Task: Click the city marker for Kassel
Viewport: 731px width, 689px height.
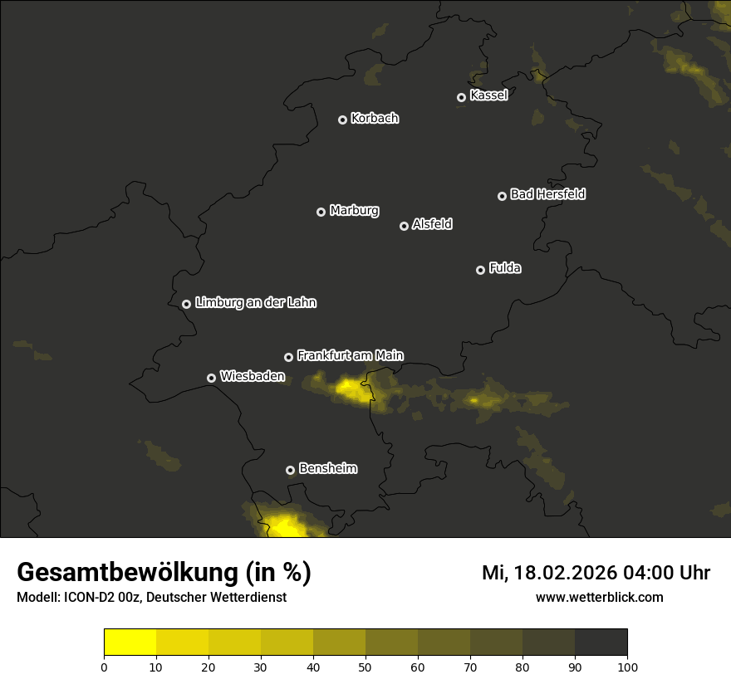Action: (x=461, y=97)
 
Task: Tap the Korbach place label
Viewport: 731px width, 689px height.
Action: (x=375, y=119)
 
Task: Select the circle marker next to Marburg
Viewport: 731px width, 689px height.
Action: (x=321, y=212)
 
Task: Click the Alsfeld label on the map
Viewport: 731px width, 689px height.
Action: (x=432, y=224)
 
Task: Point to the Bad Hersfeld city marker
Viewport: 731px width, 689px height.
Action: (x=502, y=196)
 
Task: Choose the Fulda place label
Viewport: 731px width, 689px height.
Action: (x=505, y=268)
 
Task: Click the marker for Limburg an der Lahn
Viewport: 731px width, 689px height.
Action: (x=186, y=304)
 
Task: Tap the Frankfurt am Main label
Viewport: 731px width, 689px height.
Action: (x=350, y=355)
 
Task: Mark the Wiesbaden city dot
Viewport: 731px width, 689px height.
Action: (x=211, y=378)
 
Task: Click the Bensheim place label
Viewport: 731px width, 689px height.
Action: (x=327, y=468)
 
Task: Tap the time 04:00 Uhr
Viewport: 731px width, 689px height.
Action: (x=668, y=573)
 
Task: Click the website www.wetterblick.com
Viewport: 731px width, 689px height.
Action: (x=600, y=597)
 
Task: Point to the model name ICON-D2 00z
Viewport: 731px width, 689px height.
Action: (x=100, y=598)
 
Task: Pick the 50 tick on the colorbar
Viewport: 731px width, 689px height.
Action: (x=365, y=667)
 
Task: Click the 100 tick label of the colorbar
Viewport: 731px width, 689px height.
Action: (x=627, y=667)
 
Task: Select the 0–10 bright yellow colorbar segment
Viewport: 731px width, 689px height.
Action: (x=130, y=643)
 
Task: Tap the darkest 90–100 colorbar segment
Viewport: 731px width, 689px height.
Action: (x=601, y=643)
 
